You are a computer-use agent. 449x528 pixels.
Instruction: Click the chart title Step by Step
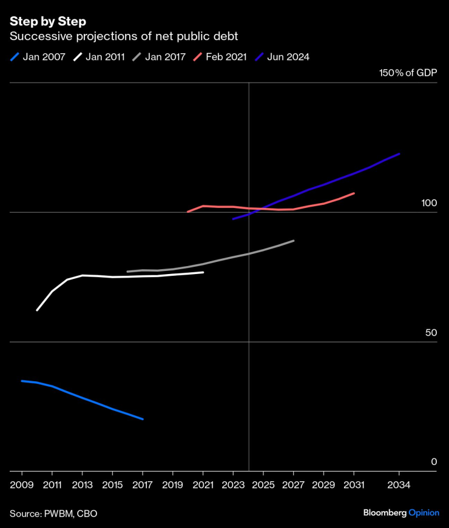pyautogui.click(x=47, y=21)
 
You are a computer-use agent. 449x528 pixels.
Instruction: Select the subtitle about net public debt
pyautogui.click(x=124, y=37)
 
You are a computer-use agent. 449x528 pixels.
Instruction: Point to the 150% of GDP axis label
pyautogui.click(x=408, y=73)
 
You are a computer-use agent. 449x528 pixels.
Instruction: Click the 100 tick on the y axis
pyautogui.click(x=429, y=204)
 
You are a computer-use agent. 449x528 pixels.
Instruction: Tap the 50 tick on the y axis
pyautogui.click(x=431, y=333)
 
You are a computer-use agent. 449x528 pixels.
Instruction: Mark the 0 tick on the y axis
pyautogui.click(x=434, y=462)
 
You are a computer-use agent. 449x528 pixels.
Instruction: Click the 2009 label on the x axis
pyautogui.click(x=22, y=485)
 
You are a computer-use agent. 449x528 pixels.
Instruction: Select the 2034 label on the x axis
pyautogui.click(x=399, y=485)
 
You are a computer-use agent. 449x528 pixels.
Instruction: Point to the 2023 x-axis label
pyautogui.click(x=233, y=485)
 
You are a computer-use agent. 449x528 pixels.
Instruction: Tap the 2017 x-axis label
pyautogui.click(x=143, y=485)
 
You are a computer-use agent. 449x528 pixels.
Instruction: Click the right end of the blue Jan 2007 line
pyautogui.click(x=143, y=419)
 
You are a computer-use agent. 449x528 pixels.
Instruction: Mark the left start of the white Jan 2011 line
pyautogui.click(x=37, y=310)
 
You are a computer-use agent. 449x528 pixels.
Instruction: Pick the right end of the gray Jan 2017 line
pyautogui.click(x=294, y=241)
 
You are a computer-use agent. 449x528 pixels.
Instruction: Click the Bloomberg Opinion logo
pyautogui.click(x=401, y=513)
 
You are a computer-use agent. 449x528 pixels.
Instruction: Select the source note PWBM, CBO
pyautogui.click(x=53, y=513)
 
